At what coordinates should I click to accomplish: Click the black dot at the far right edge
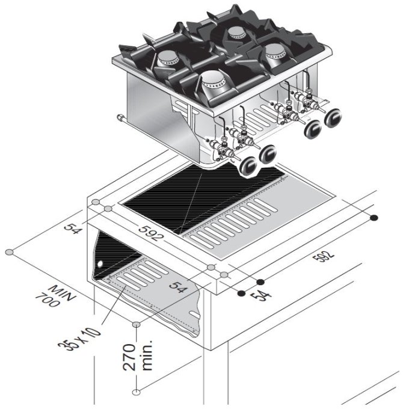click(x=374, y=218)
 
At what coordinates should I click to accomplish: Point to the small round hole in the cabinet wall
click(x=100, y=265)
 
